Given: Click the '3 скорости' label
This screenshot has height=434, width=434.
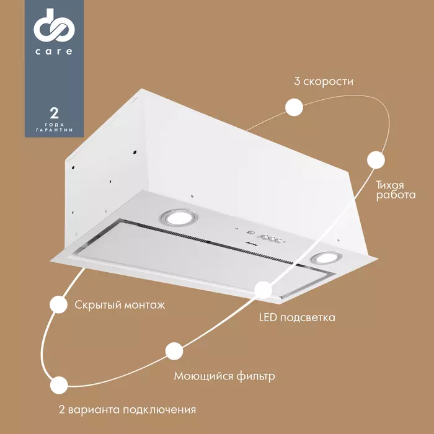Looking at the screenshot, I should (324, 81).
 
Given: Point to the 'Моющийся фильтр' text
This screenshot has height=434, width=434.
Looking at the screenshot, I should (224, 376).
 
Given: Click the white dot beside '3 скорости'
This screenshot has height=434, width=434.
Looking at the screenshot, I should (294, 107).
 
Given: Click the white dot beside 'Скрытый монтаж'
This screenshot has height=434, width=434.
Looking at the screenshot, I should (58, 304).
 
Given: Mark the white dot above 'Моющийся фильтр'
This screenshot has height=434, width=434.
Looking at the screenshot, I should (174, 351).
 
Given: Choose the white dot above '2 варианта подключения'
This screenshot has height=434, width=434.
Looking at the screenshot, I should (59, 384).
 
